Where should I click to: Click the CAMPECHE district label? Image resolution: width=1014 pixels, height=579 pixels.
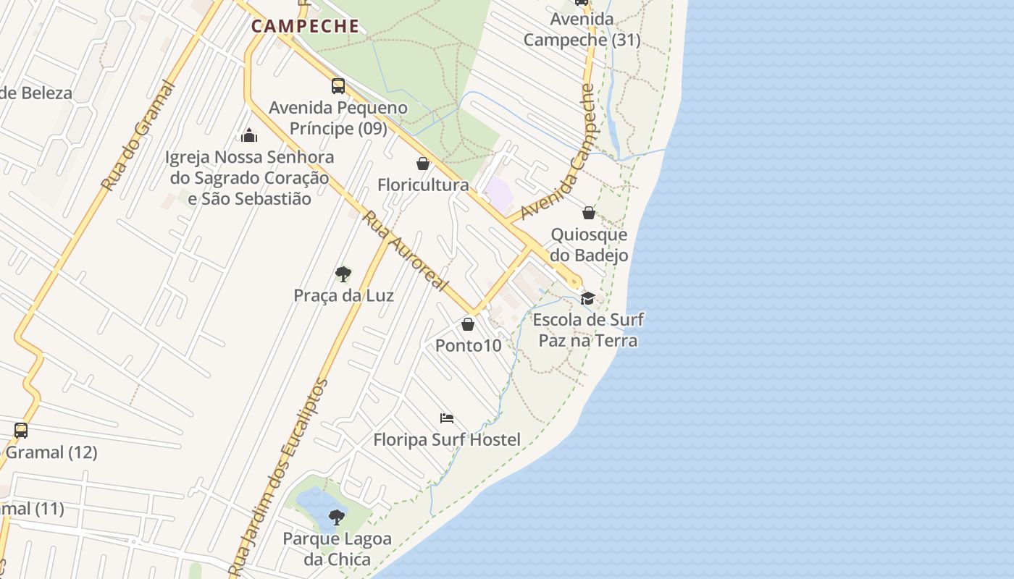305,27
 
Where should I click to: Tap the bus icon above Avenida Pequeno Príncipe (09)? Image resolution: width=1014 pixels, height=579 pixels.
338,86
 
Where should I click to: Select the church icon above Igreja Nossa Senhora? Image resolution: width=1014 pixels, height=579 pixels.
249,135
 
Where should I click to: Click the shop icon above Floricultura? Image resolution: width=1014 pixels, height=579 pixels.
423,164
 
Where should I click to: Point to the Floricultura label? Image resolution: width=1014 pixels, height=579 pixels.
423,185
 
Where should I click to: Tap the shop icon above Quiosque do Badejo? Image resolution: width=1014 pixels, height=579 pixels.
589,213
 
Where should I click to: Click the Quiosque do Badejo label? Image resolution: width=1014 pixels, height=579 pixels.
589,245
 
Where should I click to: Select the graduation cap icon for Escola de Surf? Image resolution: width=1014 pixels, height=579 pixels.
587,298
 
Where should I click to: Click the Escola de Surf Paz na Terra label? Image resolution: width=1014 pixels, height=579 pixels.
588,330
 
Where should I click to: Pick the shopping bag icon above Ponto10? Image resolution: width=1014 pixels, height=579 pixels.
468,324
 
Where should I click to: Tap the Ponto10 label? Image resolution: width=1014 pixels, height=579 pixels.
468,346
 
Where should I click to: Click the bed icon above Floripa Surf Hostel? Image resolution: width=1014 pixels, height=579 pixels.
447,418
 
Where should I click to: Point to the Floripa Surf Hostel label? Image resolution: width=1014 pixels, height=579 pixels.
447,439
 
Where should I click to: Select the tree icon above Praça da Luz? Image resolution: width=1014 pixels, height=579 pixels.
343,274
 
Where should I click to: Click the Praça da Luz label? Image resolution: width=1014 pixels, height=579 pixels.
343,295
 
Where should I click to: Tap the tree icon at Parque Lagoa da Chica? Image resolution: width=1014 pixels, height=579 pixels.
336,517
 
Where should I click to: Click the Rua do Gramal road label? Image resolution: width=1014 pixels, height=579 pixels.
139,136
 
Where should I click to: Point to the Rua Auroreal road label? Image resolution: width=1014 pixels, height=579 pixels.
406,250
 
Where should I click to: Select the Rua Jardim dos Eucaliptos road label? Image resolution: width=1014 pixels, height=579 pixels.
280,478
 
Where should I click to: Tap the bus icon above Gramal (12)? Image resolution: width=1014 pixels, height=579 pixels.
21,431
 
